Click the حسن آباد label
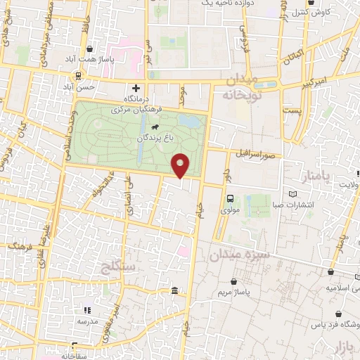point(79,86)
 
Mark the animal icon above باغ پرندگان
point(154,127)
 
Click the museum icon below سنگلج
point(174,291)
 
